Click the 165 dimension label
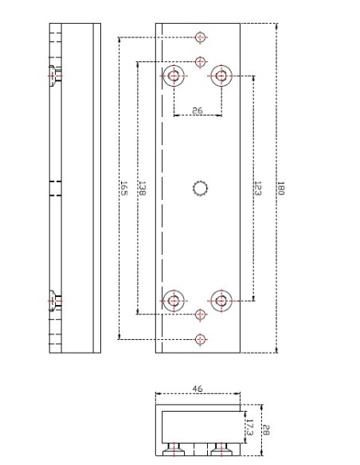(123, 188)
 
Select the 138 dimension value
(142, 188)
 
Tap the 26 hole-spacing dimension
(197, 111)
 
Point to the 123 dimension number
(258, 188)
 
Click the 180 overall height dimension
(280, 188)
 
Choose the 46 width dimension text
(198, 389)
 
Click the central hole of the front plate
(201, 188)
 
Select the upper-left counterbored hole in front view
(174, 76)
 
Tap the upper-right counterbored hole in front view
(221, 76)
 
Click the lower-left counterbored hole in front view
(174, 300)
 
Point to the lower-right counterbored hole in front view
(221, 300)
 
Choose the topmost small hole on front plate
(201, 37)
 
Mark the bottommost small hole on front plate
(201, 339)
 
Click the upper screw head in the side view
(55, 76)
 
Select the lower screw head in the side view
(55, 300)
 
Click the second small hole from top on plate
(201, 61)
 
